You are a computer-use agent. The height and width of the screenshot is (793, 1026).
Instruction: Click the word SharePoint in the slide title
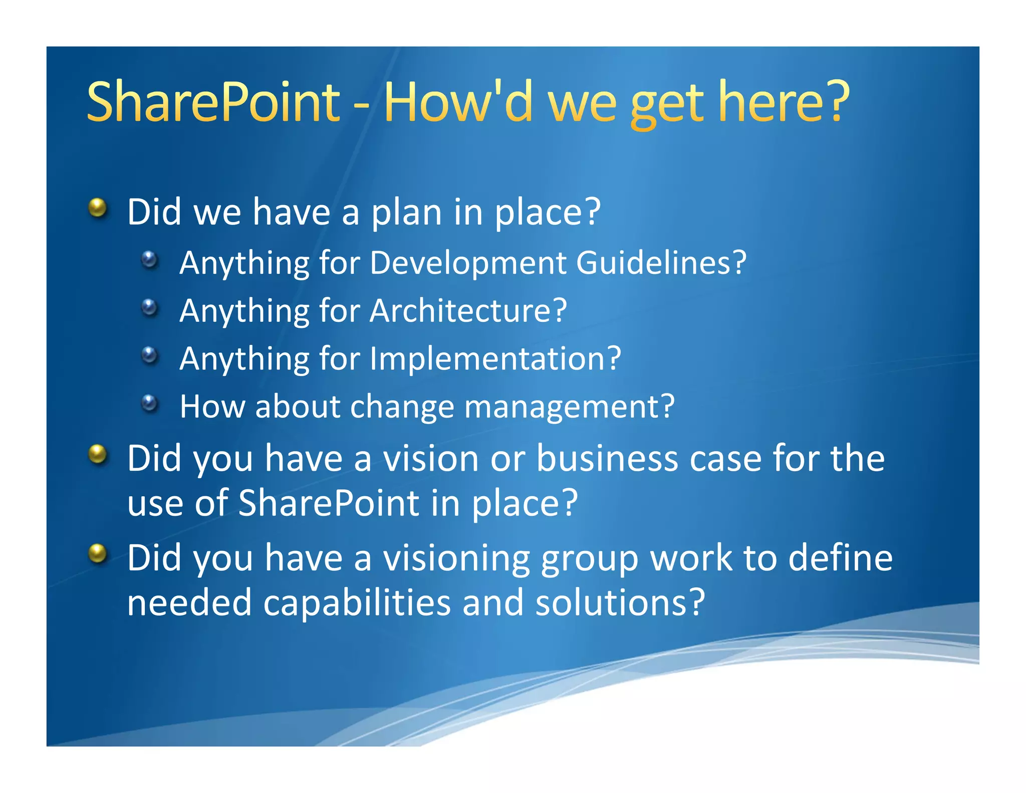click(x=213, y=102)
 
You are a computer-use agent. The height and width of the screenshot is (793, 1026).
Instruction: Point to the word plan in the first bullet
click(x=406, y=213)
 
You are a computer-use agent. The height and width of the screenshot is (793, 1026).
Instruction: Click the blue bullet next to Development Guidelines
click(x=149, y=259)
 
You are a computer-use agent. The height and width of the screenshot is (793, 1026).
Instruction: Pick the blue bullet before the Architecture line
click(x=149, y=307)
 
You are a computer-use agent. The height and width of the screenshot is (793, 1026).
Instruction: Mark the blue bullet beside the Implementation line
click(x=149, y=355)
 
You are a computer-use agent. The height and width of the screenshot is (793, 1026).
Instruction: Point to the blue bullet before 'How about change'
click(x=149, y=403)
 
